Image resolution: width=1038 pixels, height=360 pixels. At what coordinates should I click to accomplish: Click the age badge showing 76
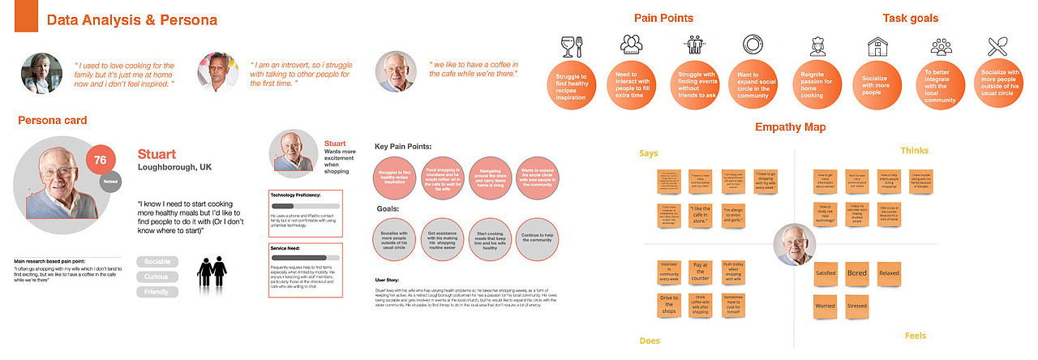point(101,160)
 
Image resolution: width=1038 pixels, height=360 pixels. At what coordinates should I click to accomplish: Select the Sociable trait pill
point(157,263)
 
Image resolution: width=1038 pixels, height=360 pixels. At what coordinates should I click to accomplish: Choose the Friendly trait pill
point(157,292)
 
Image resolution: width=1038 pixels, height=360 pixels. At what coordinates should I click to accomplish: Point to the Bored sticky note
point(856,273)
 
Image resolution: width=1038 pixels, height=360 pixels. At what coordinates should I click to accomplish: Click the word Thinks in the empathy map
point(914,151)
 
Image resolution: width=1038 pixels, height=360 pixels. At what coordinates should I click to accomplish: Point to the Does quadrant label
point(650,341)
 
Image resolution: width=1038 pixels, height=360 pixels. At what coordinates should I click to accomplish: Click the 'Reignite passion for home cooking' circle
point(817,84)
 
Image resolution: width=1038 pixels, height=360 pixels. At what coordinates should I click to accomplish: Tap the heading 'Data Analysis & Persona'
point(131,20)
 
